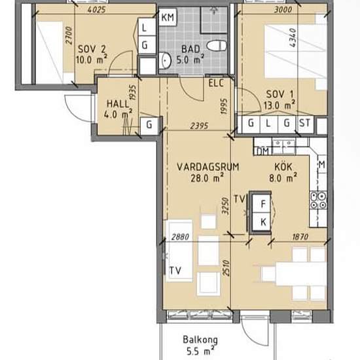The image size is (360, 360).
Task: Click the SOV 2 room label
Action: click(92, 49)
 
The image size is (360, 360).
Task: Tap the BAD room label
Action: click(190, 49)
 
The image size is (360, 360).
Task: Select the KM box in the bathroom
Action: click(168, 17)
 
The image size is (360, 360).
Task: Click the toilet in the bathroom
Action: click(217, 45)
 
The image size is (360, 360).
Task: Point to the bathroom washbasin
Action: click(166, 60)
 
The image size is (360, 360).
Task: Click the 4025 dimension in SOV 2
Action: click(97, 10)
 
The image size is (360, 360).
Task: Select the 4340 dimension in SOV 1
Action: click(293, 38)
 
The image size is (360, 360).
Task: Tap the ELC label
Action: click(216, 83)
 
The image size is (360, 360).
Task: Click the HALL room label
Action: click(118, 104)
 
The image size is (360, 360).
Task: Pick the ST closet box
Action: click(304, 123)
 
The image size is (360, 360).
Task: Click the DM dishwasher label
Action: click(263, 151)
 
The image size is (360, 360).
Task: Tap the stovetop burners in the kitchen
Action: click(318, 200)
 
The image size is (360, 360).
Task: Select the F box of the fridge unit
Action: click(263, 204)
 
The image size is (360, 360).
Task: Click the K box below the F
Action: click(263, 222)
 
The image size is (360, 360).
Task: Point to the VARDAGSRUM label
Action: click(208, 167)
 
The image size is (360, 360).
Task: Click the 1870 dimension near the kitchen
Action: click(300, 237)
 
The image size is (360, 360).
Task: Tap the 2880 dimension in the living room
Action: click(181, 237)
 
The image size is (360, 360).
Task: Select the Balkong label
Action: click(200, 340)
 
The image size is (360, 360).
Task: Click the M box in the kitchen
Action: click(322, 164)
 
